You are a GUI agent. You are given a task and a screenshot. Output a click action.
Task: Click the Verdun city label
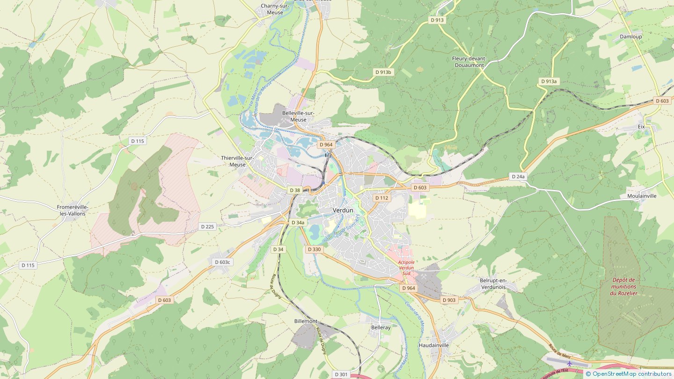(343, 211)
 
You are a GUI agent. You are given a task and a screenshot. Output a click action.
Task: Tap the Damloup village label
(630, 36)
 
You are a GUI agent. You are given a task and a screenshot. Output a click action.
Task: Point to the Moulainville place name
(642, 196)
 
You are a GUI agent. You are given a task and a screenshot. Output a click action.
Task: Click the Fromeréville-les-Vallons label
(73, 210)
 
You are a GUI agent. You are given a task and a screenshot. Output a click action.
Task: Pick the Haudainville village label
(433, 345)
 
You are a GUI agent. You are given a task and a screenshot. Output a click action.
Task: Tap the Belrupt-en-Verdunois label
(493, 284)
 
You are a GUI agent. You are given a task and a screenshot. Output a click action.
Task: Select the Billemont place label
(306, 321)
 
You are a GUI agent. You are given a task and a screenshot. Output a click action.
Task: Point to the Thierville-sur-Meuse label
(238, 161)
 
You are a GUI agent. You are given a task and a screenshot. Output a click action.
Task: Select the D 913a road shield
(549, 81)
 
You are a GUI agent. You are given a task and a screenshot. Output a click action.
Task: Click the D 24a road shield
(518, 176)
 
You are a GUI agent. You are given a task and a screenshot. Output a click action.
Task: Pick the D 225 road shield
(207, 226)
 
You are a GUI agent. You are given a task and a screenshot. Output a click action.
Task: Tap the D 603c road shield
(222, 262)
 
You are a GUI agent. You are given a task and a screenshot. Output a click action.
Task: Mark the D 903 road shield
(448, 300)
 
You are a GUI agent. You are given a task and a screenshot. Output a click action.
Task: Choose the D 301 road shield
(341, 374)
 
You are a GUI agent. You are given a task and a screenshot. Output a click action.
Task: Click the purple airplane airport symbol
(570, 364)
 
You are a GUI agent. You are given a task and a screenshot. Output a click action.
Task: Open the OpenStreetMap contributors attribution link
(631, 374)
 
